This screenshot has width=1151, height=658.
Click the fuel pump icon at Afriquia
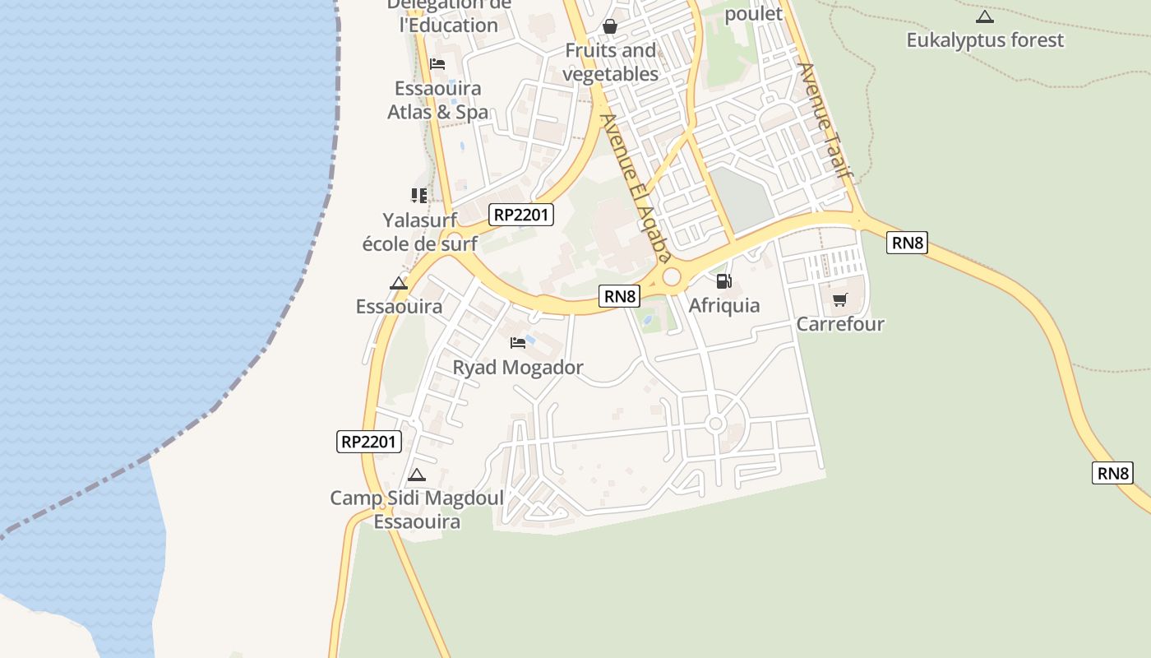723,281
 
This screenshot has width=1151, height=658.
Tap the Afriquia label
723,306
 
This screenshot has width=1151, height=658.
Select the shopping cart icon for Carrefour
839,300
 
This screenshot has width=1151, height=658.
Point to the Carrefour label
839,324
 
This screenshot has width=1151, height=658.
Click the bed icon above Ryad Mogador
518,342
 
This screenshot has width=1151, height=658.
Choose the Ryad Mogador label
518,368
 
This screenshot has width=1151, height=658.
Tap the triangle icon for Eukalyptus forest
984,16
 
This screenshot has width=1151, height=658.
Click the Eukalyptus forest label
985,40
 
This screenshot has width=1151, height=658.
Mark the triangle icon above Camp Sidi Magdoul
417,475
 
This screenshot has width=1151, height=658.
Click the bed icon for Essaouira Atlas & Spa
437,64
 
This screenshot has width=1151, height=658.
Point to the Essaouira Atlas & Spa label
438,100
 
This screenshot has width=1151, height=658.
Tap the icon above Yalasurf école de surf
419,196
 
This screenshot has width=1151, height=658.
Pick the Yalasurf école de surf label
419,232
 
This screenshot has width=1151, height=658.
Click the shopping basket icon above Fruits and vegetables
610,26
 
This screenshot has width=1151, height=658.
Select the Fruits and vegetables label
610,63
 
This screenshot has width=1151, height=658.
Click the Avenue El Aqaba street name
631,186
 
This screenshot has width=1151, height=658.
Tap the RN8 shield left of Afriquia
619,296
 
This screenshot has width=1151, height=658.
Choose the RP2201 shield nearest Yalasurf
521,215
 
